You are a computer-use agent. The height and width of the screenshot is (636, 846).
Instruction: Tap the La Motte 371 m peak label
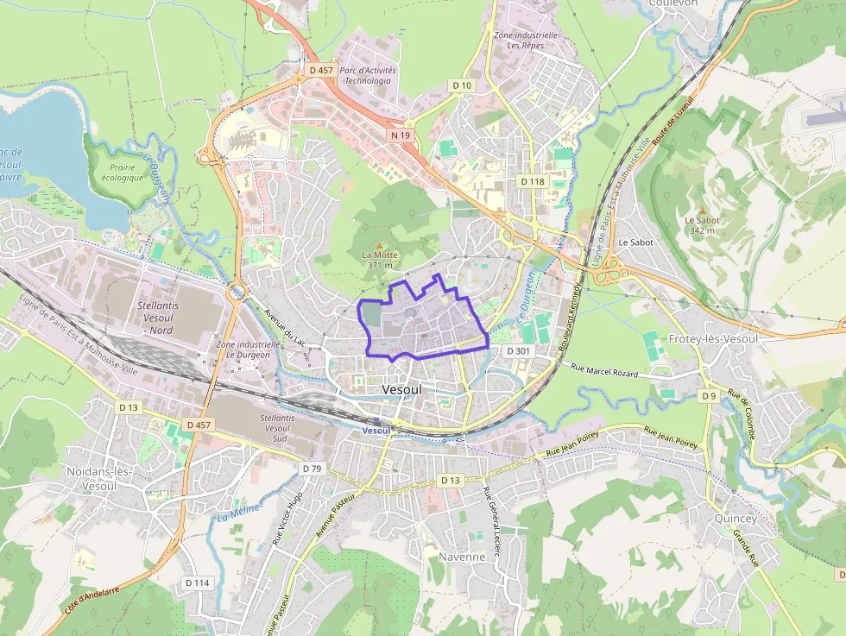tap(380, 259)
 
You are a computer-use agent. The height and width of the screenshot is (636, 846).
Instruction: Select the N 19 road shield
tap(400, 135)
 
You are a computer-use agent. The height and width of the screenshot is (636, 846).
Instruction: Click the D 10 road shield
tap(463, 85)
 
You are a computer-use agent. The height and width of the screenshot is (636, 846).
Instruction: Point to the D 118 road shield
tap(533, 182)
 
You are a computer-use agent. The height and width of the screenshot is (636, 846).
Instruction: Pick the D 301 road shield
tap(518, 351)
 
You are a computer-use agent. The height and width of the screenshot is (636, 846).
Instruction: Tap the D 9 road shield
tap(708, 396)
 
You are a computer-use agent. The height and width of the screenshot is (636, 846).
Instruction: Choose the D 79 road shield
tap(312, 469)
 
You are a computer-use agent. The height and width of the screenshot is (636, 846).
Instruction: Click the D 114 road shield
tap(197, 582)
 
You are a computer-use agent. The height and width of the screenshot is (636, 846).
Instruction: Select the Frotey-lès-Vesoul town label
tap(713, 339)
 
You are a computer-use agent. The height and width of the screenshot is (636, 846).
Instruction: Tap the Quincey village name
tap(736, 519)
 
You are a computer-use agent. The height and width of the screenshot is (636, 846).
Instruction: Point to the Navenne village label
tap(462, 557)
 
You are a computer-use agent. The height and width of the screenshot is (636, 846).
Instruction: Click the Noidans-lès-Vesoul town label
tap(98, 478)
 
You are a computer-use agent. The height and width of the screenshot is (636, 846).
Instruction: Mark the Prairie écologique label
tap(121, 173)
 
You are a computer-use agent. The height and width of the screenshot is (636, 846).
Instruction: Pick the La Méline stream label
tap(232, 513)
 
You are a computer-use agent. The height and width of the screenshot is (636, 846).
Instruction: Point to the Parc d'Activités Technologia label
tap(367, 75)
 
